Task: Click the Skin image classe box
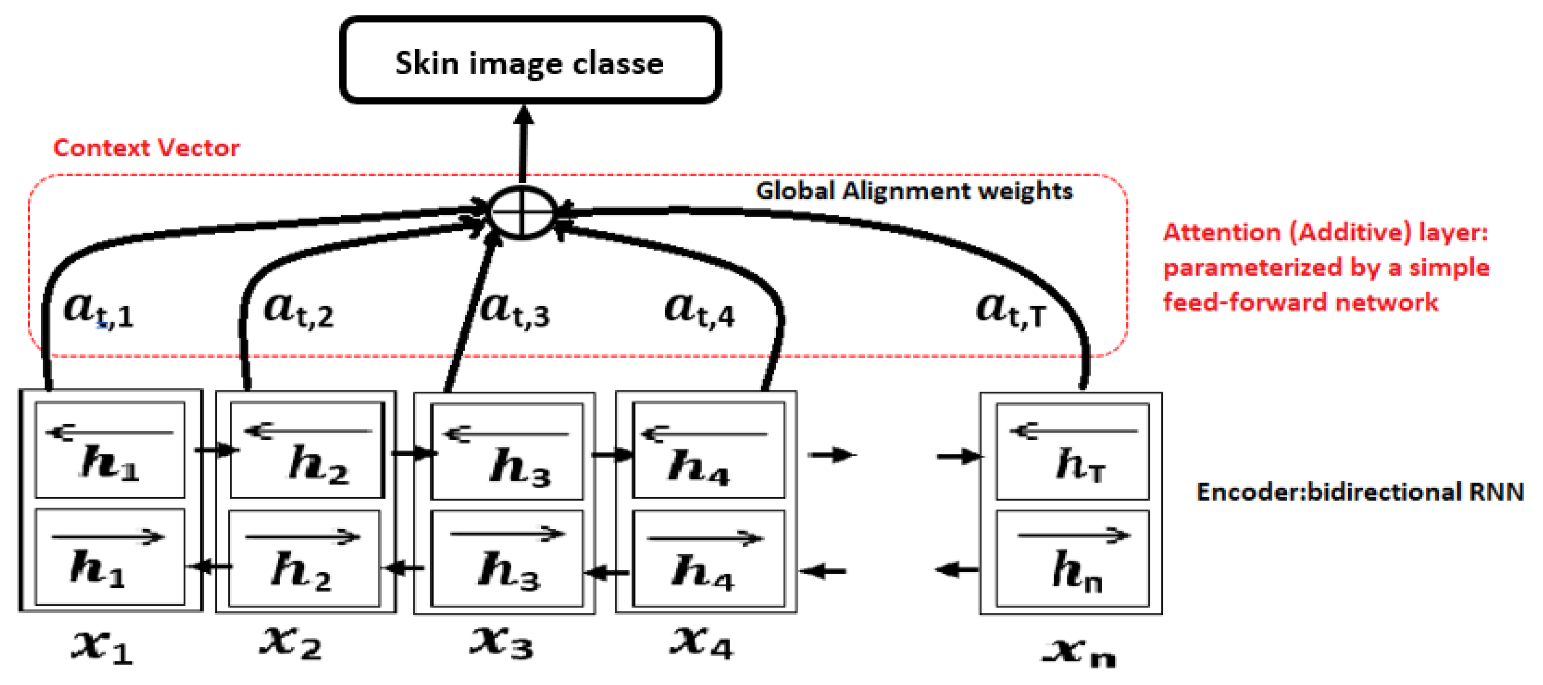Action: point(529,61)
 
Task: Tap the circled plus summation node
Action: point(522,213)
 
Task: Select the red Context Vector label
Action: point(146,148)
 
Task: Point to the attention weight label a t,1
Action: point(99,310)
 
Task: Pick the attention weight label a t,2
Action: point(298,310)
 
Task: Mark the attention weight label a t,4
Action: point(699,310)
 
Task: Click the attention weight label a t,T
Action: point(1011,310)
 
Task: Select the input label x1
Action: point(102,646)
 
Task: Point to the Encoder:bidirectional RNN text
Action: point(1360,492)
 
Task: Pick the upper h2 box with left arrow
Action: point(306,450)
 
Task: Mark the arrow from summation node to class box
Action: point(523,144)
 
